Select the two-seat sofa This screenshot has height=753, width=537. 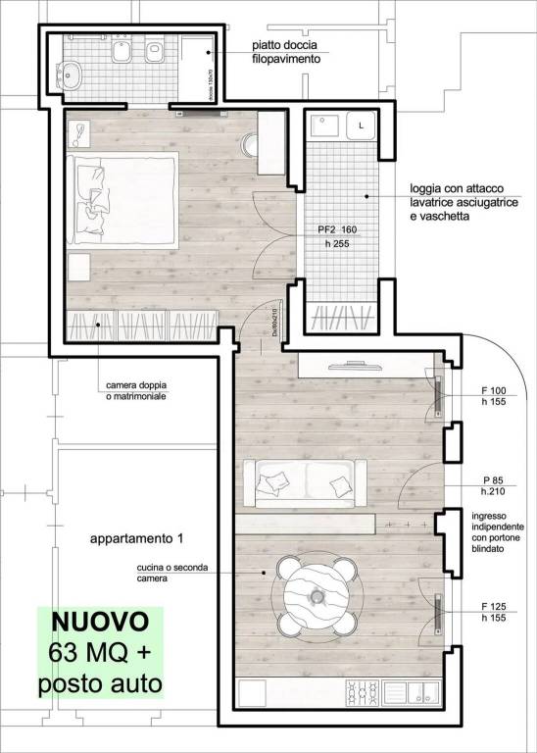coord(309,482)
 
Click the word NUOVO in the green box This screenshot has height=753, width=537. coord(100,621)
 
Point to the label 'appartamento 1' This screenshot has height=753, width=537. coord(137,539)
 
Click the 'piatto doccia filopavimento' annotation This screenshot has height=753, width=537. coord(285,51)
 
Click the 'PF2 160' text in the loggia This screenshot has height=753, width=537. coord(340,229)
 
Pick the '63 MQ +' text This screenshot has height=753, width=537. coord(100,651)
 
